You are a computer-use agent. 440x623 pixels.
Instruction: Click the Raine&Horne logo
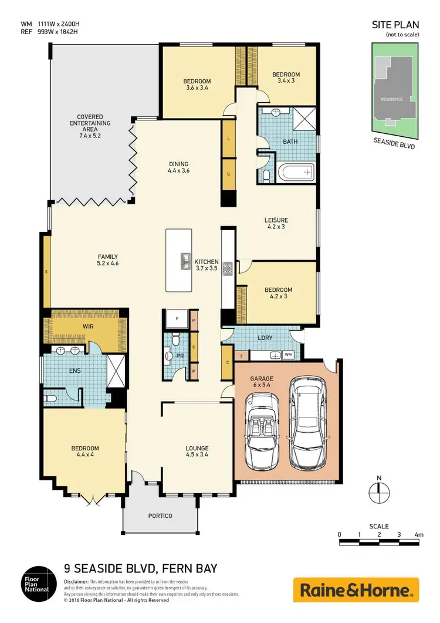(356, 590)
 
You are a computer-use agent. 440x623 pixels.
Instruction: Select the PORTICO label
(160, 516)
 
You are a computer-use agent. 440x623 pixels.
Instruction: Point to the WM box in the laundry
(288, 355)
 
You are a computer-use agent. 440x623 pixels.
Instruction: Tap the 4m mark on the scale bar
(418, 534)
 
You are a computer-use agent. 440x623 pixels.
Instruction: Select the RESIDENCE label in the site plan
(392, 99)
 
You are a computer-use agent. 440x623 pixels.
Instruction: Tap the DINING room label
(178, 167)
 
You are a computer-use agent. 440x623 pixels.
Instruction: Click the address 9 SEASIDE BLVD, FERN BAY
(140, 568)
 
